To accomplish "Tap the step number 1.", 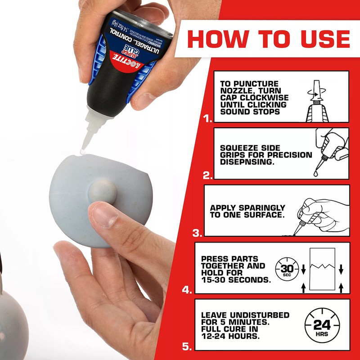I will point(207,119).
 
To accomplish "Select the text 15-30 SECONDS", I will point(236,279).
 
